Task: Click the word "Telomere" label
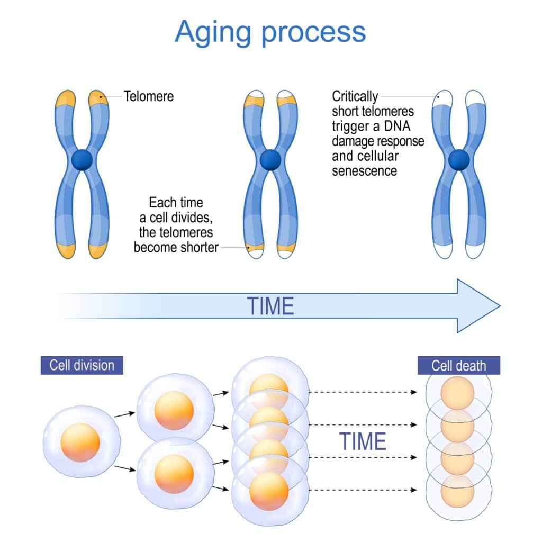coord(149,96)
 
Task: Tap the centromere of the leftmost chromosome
coord(82,160)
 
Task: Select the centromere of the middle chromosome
coord(270,159)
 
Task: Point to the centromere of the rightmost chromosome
coord(458,159)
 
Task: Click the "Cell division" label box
coord(82,365)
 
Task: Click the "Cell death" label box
coord(458,365)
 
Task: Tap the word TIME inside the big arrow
coord(270,306)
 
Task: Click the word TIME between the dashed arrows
coord(363,441)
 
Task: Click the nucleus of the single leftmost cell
coord(80,442)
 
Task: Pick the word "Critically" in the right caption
coord(355,97)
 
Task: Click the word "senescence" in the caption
coord(364,171)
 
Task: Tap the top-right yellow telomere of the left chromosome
coord(97,98)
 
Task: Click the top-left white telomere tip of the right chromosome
coord(441,98)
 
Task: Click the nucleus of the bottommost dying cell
coord(458,489)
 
